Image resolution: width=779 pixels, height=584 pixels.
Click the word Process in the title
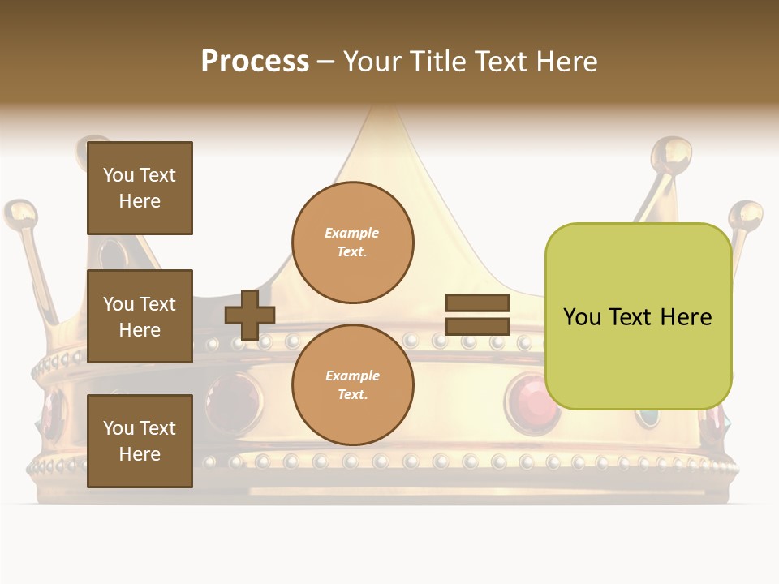tap(255, 61)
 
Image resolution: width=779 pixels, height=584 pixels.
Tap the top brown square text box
tap(140, 188)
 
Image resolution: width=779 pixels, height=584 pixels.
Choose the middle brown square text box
tap(140, 316)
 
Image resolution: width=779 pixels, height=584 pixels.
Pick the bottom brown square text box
tap(140, 441)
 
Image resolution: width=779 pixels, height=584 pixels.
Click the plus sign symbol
tap(250, 315)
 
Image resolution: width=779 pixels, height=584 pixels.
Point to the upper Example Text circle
tap(352, 243)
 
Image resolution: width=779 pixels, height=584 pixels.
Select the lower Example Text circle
tap(352, 384)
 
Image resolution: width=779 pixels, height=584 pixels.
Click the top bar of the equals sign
tap(477, 303)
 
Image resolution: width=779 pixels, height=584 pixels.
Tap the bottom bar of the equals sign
tap(477, 327)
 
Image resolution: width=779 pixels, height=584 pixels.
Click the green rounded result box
tap(638, 316)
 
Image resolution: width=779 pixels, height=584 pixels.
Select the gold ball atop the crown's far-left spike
tap(20, 215)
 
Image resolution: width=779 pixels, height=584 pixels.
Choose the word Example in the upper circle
tap(351, 233)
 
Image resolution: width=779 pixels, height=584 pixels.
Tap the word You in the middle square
tap(118, 304)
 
